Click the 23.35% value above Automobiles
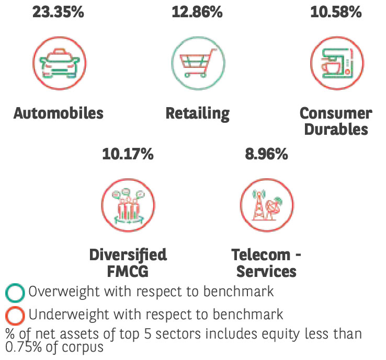point(58,11)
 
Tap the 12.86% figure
point(197,11)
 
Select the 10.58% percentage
point(336,11)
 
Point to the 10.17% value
point(128,154)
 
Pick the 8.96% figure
point(266,154)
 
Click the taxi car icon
point(59,64)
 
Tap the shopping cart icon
point(197,64)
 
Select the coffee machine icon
point(336,64)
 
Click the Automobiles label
point(59,113)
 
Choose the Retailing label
point(198,113)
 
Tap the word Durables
point(336,129)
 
